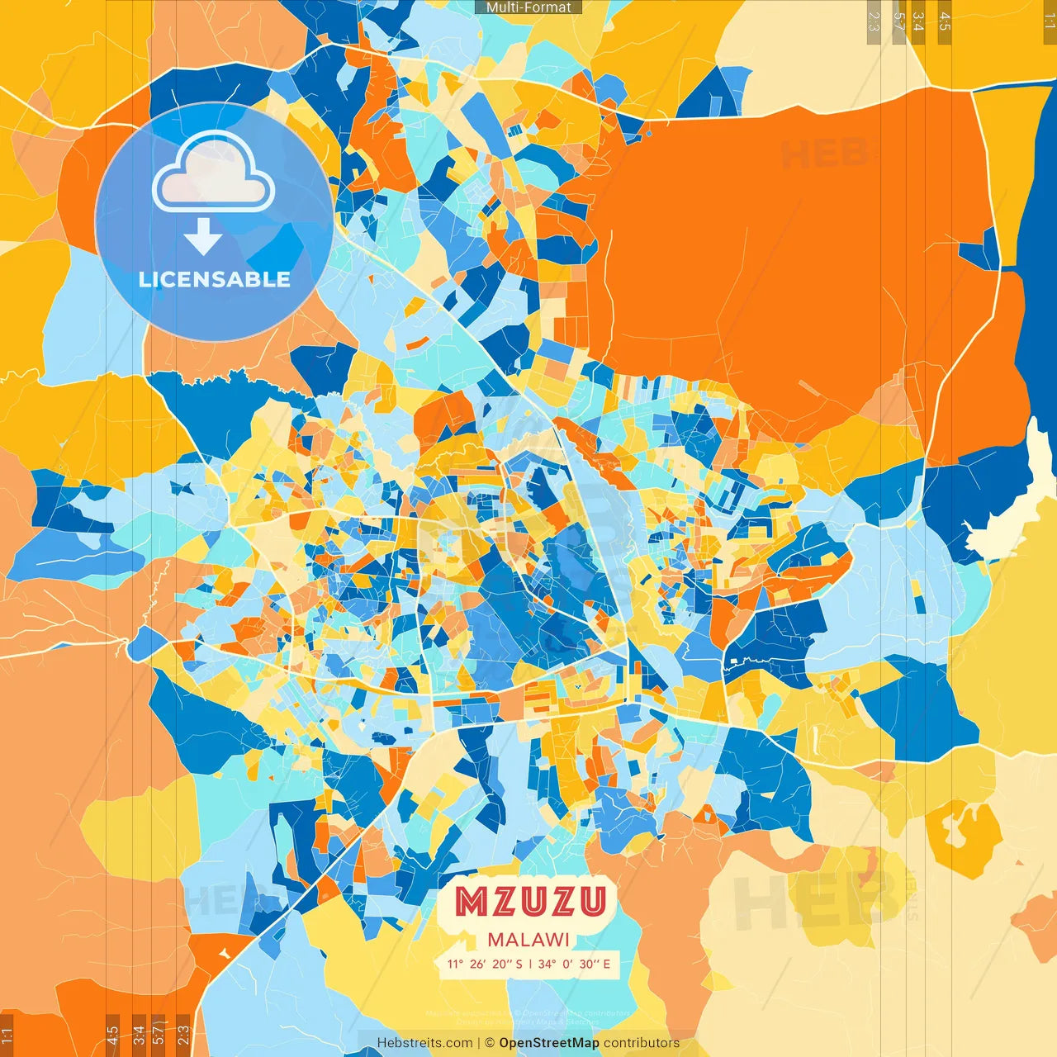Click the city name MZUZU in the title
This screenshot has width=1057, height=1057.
pyautogui.click(x=530, y=902)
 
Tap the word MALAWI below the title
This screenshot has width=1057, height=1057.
pyautogui.click(x=528, y=940)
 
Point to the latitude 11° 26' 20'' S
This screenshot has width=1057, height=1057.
pyautogui.click(x=485, y=964)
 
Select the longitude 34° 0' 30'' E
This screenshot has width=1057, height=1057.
pyautogui.click(x=574, y=964)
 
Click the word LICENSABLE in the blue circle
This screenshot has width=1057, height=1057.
pyautogui.click(x=215, y=279)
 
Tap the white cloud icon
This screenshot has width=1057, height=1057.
pyautogui.click(x=214, y=175)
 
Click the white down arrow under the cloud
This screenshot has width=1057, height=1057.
pyautogui.click(x=203, y=237)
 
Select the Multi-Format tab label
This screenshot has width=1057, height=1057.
pyautogui.click(x=528, y=7)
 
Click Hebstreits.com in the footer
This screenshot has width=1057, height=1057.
pyautogui.click(x=424, y=1043)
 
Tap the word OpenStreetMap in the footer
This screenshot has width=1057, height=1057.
pyautogui.click(x=548, y=1043)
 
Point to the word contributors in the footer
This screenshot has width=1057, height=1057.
pyautogui.click(x=642, y=1043)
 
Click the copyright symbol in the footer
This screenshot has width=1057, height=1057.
pyautogui.click(x=490, y=1043)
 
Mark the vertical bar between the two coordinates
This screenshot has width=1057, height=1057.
pyautogui.click(x=530, y=964)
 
